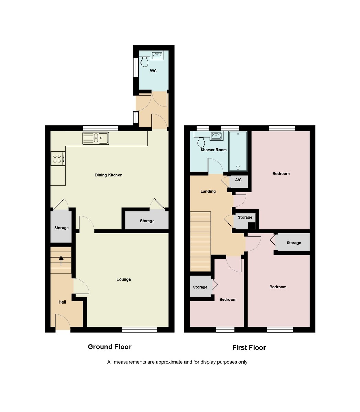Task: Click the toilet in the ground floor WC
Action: coord(144,62)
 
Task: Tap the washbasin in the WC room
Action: coord(158,55)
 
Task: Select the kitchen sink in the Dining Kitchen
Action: coord(95,138)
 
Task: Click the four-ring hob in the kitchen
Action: coord(58,159)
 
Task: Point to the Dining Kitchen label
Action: coord(109,175)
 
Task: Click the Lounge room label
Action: coord(124,279)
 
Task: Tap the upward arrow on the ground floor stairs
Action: coord(61,261)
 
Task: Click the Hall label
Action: coord(62,302)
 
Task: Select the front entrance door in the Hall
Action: coord(63,323)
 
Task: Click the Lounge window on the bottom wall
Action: coord(139,330)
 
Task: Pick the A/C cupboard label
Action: coord(238,180)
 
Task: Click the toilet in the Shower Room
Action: coord(201,141)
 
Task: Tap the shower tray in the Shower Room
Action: coord(238,151)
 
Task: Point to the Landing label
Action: coord(208,191)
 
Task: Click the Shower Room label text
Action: coord(214,150)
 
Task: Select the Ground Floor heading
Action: coord(110,347)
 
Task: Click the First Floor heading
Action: coord(249,347)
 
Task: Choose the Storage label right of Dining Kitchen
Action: coord(147,221)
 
